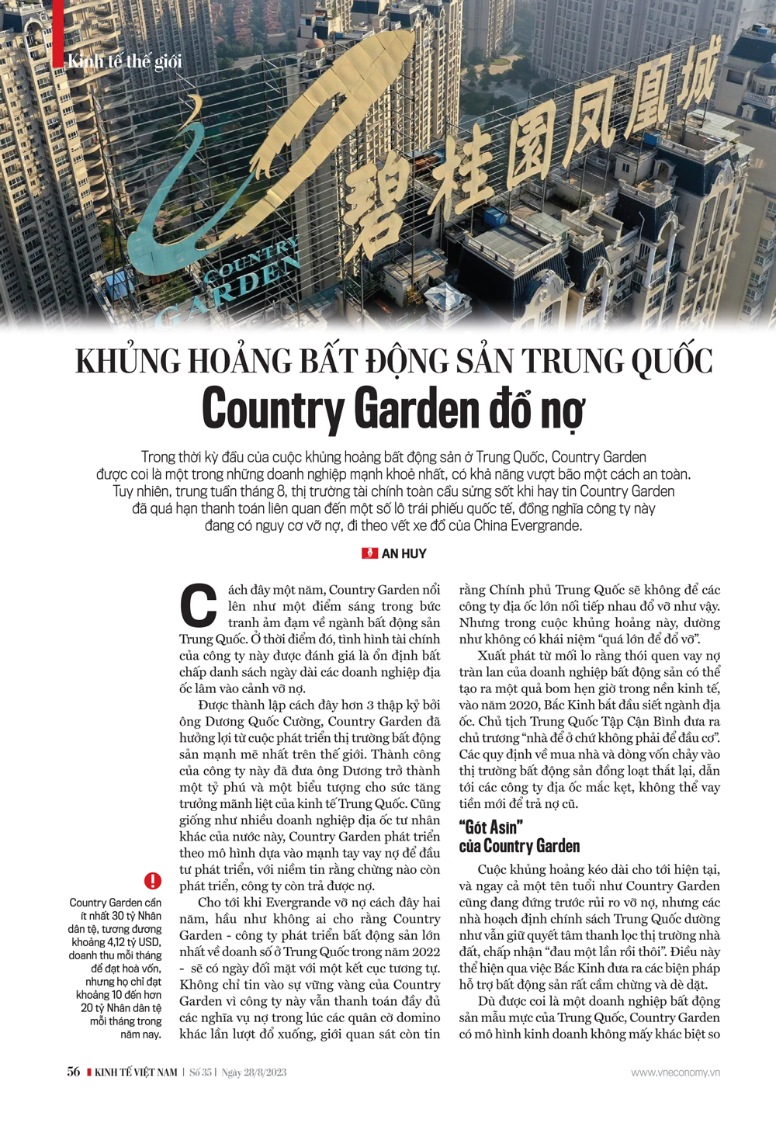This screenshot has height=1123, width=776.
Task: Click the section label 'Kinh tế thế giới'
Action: pos(124,61)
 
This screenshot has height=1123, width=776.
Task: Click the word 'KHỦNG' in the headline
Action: pos(127,362)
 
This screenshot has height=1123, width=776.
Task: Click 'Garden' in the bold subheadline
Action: pos(416,409)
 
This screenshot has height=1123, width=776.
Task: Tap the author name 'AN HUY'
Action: pos(404,553)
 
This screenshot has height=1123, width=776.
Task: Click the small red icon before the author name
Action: pos(369,553)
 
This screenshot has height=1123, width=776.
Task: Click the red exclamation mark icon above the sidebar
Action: pos(153,881)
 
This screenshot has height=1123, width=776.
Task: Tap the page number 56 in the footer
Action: pos(74,1072)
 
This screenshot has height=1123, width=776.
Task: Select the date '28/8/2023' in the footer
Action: pos(265,1073)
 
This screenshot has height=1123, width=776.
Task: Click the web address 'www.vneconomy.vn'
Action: pos(675,1073)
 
